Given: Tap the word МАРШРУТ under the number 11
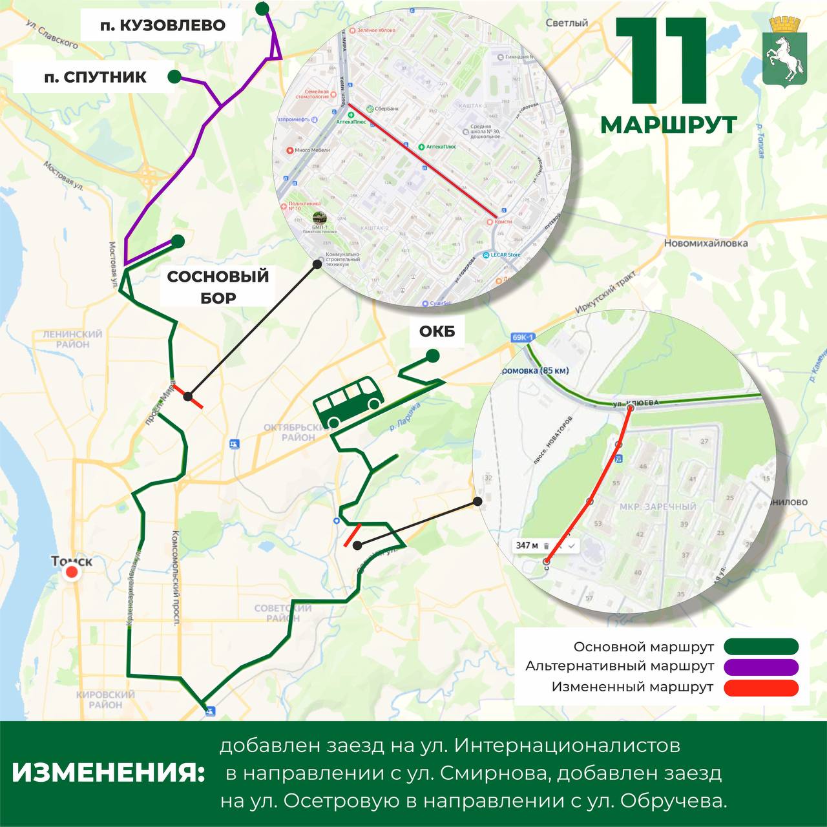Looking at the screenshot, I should [669, 125].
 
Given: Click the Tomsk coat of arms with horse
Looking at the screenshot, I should [784, 52].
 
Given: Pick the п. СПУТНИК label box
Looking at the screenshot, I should [95, 78].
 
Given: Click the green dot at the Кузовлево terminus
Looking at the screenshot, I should [262, 8].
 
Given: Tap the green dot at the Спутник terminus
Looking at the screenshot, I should [174, 77].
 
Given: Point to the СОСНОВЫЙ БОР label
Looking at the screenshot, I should [218, 287].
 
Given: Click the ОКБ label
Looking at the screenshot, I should [437, 331].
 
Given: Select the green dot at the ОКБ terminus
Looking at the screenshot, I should [432, 356].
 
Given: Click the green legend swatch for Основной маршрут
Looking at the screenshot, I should [761, 647].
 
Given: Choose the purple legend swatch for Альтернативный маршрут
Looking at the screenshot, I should [761, 666].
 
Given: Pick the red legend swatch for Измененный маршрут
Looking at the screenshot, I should [761, 687].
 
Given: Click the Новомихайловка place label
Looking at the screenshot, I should [706, 244].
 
